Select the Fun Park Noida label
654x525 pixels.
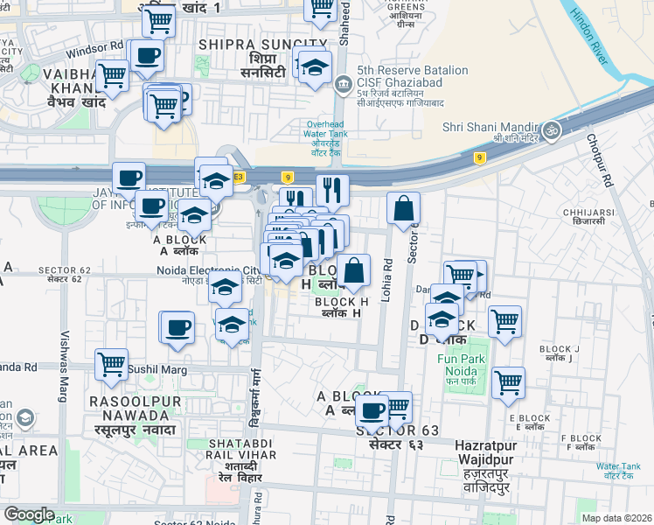click(x=460, y=365)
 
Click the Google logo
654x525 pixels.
click(x=29, y=514)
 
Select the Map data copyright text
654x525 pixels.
click(x=617, y=518)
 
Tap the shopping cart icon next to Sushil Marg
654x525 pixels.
click(x=111, y=364)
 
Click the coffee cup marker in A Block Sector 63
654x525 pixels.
click(x=372, y=409)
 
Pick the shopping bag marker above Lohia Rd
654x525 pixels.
click(x=403, y=209)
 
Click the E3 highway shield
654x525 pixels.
click(x=239, y=177)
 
